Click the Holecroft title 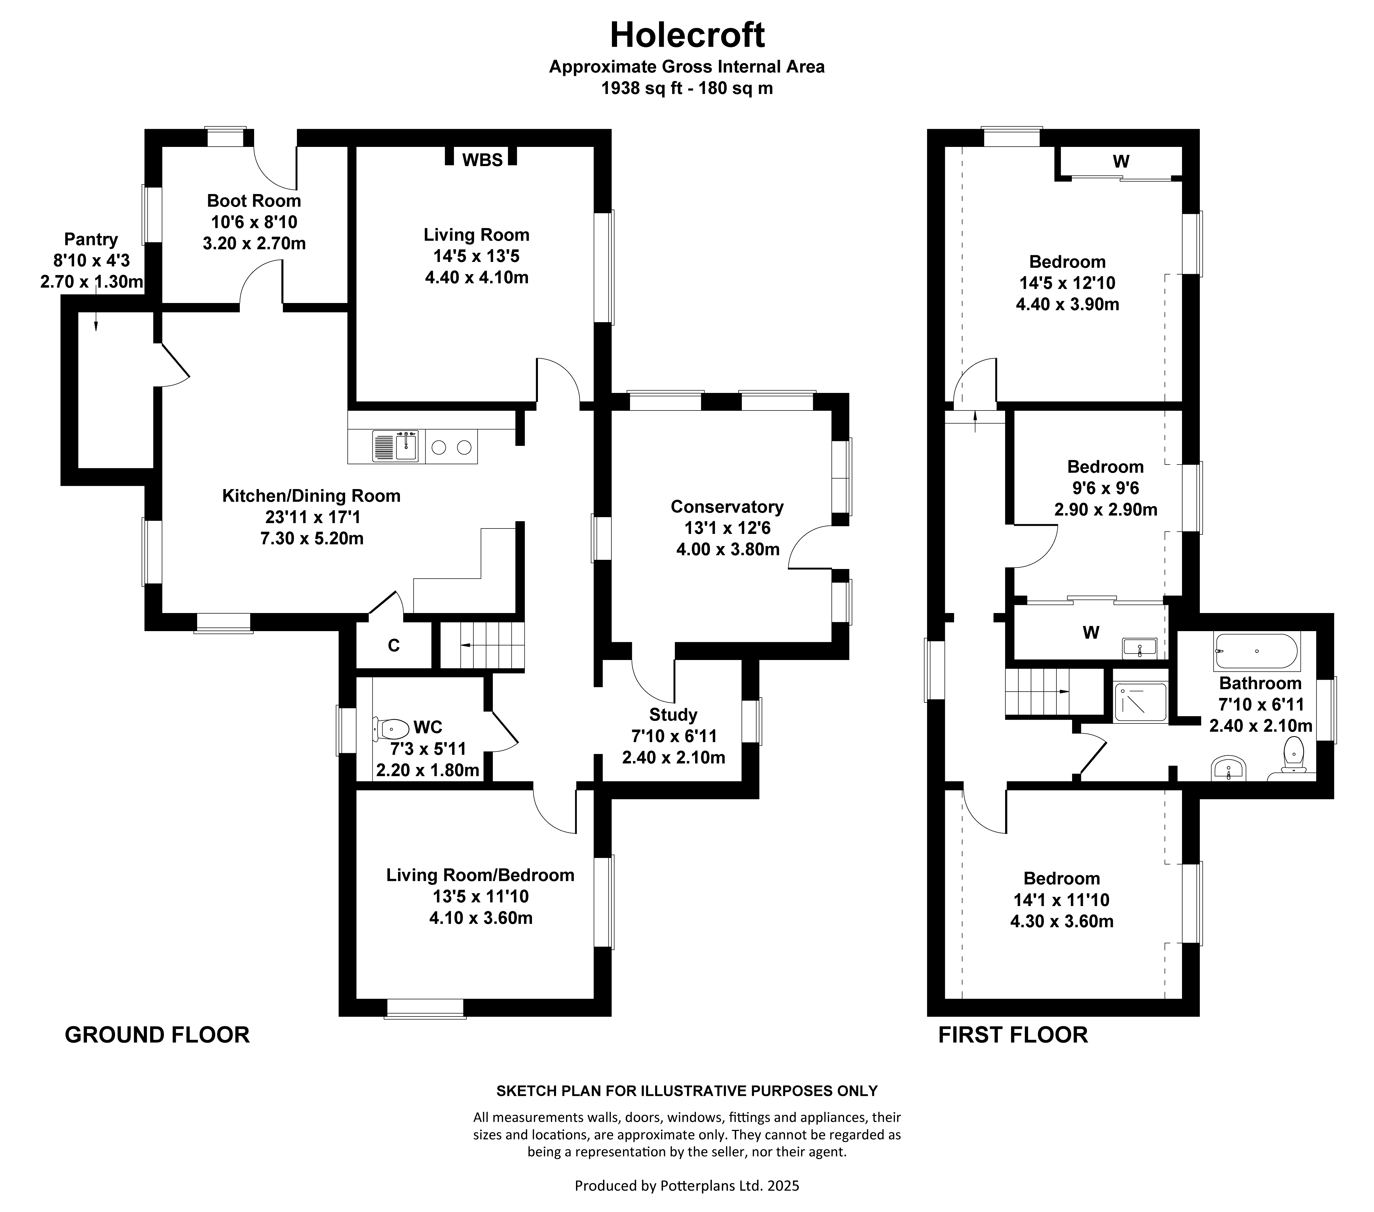point(687,35)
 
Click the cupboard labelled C point(394,646)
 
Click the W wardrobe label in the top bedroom point(1121,161)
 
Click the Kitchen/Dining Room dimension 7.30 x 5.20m point(312,538)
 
